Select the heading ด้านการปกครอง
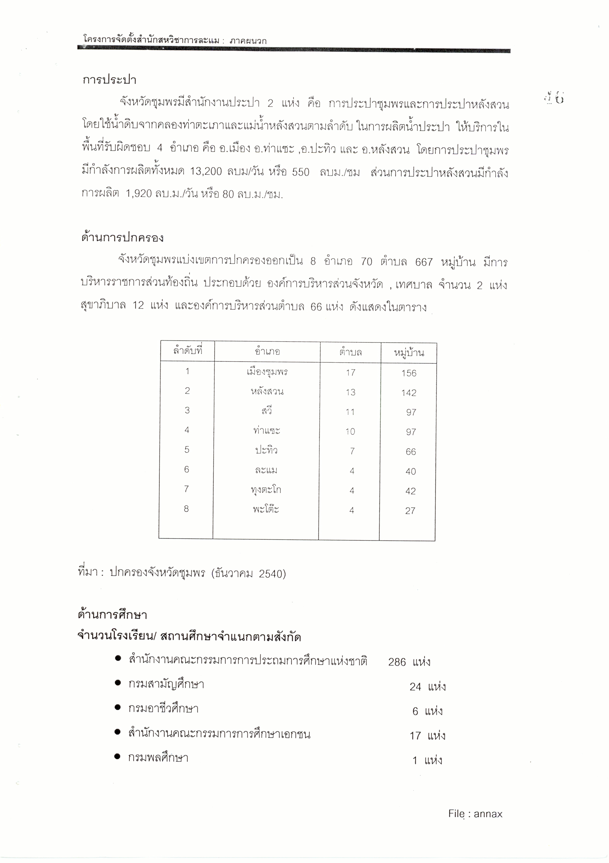click(x=123, y=238)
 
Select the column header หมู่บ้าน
click(x=409, y=353)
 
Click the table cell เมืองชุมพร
click(x=267, y=372)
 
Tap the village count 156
click(x=409, y=373)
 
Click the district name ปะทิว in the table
click(x=266, y=450)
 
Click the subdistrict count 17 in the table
click(x=350, y=373)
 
